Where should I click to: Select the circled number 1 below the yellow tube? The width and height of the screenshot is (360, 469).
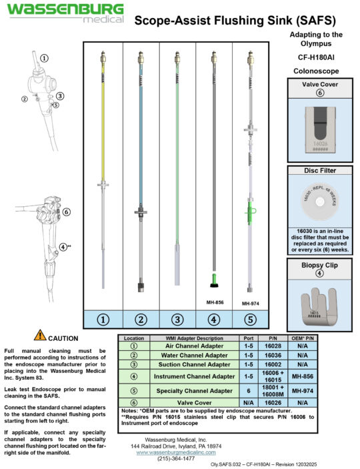click(x=103, y=320)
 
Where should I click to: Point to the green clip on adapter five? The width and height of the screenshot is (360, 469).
click(x=250, y=213)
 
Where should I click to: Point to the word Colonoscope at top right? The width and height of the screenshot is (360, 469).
click(x=317, y=70)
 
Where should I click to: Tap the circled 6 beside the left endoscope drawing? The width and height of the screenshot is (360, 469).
click(x=67, y=213)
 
